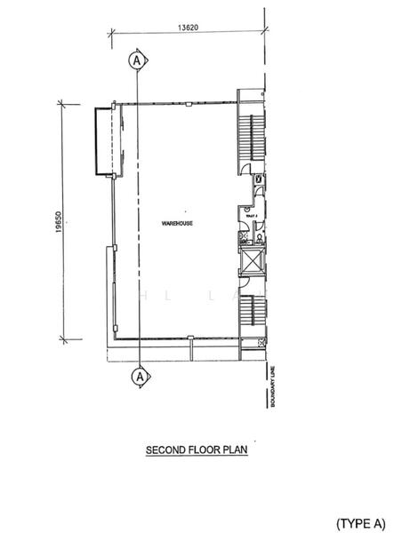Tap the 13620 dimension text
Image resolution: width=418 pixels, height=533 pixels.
(x=188, y=28)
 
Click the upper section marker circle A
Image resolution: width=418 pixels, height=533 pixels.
(x=137, y=60)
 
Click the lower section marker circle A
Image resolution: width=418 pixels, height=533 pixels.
(x=138, y=377)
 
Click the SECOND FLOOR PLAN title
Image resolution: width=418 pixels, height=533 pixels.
(x=196, y=451)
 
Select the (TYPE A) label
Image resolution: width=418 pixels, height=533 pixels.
(x=363, y=520)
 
